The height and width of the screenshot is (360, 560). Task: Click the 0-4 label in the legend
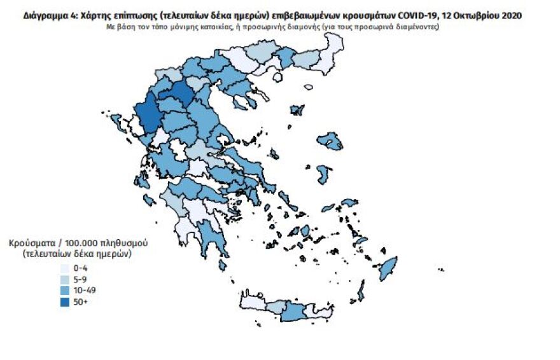click(x=80, y=268)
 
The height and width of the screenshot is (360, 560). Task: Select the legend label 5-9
click(x=80, y=279)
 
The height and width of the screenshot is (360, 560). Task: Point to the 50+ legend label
click(x=80, y=301)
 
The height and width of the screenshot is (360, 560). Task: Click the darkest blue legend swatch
click(x=64, y=301)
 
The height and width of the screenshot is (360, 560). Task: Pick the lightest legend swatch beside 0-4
click(x=64, y=268)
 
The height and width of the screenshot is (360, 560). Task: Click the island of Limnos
click(x=297, y=110)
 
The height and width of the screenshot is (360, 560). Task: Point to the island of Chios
click(x=323, y=174)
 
